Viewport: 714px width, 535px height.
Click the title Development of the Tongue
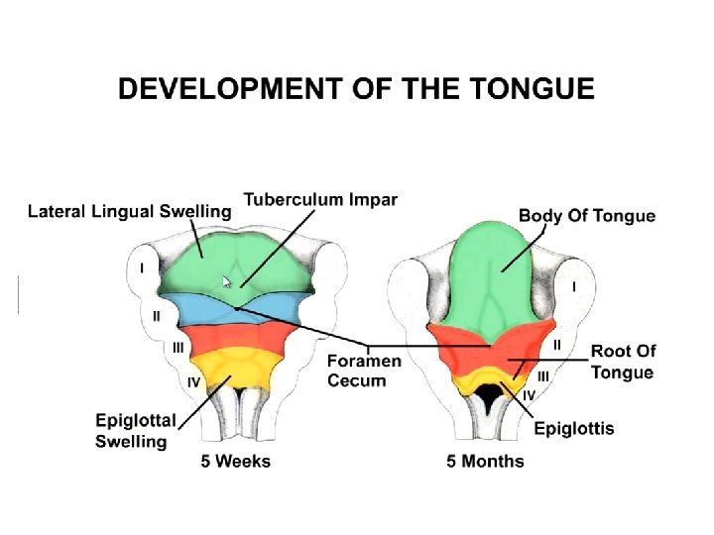[356, 89]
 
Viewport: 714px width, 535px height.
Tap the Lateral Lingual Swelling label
[129, 211]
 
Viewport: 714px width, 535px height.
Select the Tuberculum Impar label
[320, 199]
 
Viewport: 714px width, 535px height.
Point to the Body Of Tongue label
[587, 215]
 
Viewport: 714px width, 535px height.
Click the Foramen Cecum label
[364, 371]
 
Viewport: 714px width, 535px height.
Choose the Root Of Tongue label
[623, 362]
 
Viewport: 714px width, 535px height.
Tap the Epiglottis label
[573, 428]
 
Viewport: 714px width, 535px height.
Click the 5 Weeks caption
[235, 461]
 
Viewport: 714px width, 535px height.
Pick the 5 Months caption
[485, 461]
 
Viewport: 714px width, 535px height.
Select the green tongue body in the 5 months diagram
[501, 267]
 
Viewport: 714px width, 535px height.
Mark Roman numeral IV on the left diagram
[194, 381]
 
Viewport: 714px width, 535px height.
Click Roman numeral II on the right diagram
[556, 344]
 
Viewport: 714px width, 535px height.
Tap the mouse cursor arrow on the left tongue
[227, 281]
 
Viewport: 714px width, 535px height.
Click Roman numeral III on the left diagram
[178, 347]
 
